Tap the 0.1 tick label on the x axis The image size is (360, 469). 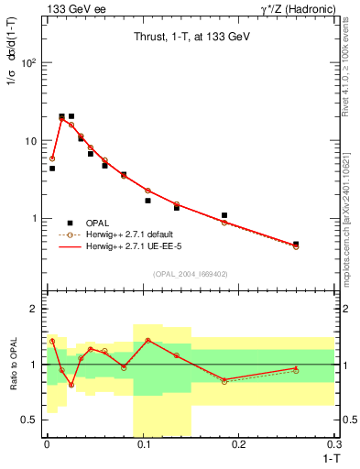click(143, 444)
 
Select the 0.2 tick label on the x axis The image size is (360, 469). click(239, 444)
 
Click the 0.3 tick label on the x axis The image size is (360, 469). click(333, 444)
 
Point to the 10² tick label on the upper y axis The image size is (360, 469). click(29, 63)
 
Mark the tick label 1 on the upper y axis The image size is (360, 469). click(35, 219)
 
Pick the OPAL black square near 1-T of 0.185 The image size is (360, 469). click(224, 215)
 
